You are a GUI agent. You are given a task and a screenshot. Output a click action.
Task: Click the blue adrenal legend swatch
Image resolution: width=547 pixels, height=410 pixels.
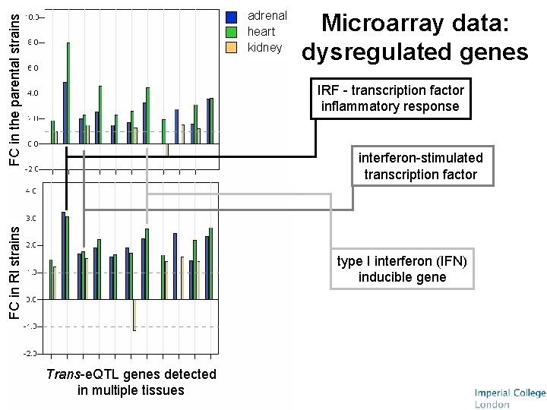(x=232, y=16)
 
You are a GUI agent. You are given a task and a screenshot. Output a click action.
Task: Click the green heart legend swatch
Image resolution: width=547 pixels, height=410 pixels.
(x=232, y=32)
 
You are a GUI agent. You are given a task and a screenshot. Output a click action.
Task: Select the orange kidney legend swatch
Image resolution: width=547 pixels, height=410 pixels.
(x=232, y=48)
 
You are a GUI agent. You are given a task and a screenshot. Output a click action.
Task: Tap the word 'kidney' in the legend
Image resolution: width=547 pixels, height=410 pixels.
(x=265, y=48)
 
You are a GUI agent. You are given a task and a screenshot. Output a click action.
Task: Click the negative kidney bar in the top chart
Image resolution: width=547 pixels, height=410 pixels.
(x=166, y=149)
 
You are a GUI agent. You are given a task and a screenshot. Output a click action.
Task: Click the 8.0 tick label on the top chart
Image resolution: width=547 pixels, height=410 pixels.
(x=34, y=43)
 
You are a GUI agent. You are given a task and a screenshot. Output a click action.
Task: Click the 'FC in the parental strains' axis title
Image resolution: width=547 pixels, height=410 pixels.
(x=14, y=84)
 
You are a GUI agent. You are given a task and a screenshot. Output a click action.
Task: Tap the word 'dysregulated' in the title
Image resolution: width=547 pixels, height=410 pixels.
(x=374, y=52)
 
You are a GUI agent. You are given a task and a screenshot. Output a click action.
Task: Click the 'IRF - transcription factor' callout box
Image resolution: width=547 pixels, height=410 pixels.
(x=390, y=99)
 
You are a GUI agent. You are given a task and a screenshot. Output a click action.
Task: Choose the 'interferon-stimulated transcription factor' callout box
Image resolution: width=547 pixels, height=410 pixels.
(x=420, y=166)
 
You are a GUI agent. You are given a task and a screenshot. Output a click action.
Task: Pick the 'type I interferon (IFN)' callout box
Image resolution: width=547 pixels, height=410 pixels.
(x=402, y=269)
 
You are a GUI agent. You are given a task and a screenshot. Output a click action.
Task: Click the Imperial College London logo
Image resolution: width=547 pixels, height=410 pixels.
(x=509, y=398)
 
